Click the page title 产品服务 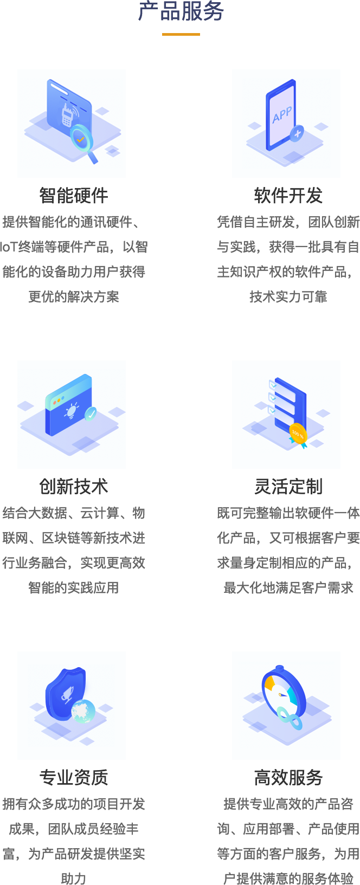181,11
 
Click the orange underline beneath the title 181,34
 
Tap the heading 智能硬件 74,195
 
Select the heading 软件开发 288,195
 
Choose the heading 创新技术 74,486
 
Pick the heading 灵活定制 288,486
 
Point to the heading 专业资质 74,777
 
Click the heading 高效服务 288,777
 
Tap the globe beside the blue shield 83,710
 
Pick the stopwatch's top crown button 279,668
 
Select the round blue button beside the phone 297,133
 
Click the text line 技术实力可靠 288,296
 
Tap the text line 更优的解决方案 74,296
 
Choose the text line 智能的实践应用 74,587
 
